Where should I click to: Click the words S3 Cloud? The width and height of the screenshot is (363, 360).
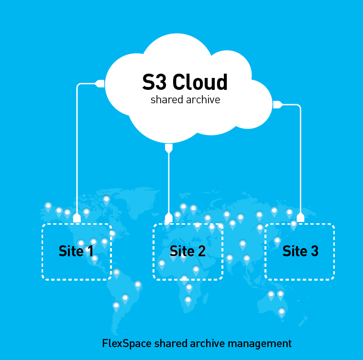[185, 82]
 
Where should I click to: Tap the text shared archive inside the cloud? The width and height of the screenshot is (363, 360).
[185, 100]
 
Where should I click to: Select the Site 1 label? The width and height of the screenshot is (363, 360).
[76, 251]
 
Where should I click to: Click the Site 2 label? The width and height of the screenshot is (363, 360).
[187, 251]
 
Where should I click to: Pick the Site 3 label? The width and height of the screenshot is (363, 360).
[300, 251]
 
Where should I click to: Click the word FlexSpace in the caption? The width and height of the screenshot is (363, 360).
[122, 343]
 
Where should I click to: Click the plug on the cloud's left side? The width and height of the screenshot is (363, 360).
[100, 84]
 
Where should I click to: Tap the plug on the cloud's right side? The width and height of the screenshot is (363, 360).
[277, 103]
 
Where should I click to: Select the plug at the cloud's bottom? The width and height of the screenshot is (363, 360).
[168, 148]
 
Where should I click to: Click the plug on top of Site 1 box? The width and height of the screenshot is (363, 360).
[77, 218]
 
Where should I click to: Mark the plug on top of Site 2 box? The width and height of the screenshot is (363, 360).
[168, 218]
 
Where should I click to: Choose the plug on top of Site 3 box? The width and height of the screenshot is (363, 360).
[300, 218]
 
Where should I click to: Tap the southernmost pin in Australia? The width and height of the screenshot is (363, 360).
[282, 312]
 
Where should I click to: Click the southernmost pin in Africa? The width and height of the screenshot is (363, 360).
[188, 300]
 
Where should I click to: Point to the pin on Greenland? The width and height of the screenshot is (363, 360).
[106, 199]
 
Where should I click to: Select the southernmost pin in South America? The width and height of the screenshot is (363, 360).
[116, 305]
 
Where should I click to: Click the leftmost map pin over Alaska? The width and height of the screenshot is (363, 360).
[48, 206]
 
